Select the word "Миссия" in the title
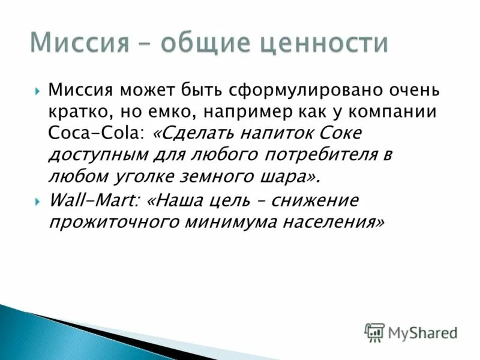[x=80, y=43]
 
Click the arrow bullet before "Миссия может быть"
[x=38, y=92]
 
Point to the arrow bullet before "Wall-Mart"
[x=38, y=200]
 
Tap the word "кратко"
[x=77, y=112]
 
